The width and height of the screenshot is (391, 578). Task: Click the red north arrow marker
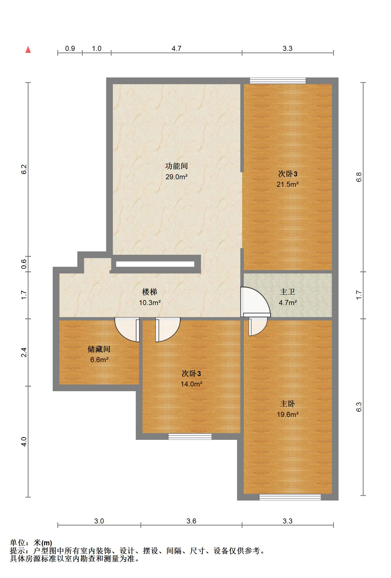[28, 50]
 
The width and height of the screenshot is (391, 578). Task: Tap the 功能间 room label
[176, 166]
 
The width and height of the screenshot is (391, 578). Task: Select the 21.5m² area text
[288, 184]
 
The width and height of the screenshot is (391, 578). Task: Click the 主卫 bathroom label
[288, 292]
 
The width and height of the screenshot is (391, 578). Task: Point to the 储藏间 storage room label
[99, 349]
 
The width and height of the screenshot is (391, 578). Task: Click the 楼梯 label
[150, 292]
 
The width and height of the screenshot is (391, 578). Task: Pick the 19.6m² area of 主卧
[288, 414]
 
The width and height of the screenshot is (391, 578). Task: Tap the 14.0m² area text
[191, 384]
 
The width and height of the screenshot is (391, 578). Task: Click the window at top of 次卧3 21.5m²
[278, 81]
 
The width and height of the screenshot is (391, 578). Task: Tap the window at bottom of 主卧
[290, 497]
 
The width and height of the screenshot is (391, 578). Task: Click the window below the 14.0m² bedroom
[190, 437]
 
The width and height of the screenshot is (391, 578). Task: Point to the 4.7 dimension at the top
[176, 49]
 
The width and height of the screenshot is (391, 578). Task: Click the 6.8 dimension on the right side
[359, 177]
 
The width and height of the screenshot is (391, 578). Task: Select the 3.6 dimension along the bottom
[191, 521]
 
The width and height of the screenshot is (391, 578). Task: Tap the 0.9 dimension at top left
[70, 49]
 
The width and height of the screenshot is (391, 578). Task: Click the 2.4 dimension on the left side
[24, 352]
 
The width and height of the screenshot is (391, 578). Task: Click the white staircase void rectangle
[155, 264]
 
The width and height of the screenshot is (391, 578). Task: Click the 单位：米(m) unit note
[31, 543]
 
